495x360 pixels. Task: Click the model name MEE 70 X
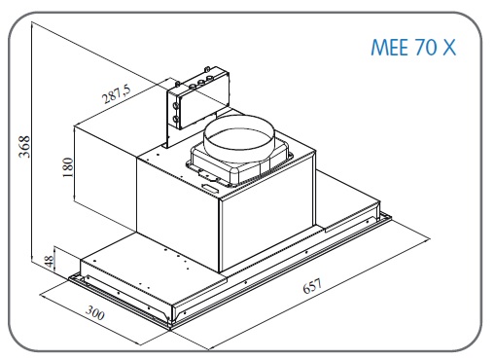413,48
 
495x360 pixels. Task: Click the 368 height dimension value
24,147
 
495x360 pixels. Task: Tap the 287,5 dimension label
116,93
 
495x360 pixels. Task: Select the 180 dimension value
68,167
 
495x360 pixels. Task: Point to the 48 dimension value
49,261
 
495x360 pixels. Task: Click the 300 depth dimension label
95,313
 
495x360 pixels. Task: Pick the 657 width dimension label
312,286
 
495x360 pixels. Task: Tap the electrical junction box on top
198,98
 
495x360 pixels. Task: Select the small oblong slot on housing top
210,187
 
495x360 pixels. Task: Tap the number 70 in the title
425,48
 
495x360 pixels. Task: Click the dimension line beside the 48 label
55,260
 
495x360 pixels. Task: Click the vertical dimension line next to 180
75,164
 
